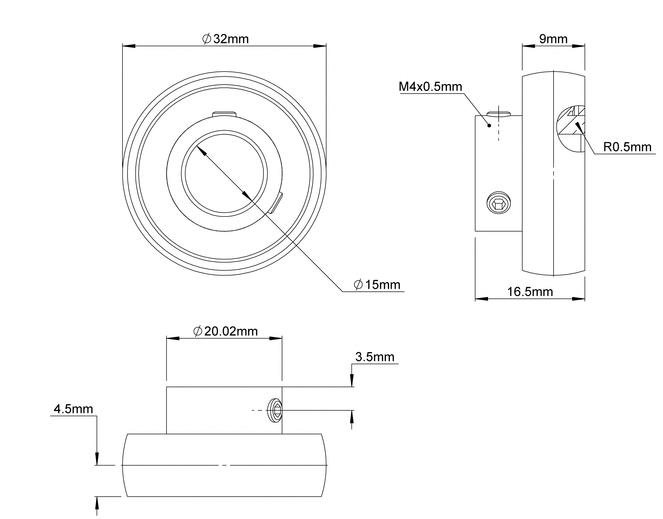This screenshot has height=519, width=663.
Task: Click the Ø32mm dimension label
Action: (x=225, y=39)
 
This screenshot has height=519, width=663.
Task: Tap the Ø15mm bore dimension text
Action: (x=377, y=285)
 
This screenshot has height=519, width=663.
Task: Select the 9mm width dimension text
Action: (x=553, y=39)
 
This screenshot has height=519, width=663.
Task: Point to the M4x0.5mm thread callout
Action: (x=430, y=87)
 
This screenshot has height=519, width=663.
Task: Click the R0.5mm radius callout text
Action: (x=627, y=147)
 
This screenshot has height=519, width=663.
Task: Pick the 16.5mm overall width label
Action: (x=530, y=292)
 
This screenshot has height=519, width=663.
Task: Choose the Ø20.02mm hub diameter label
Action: (x=225, y=331)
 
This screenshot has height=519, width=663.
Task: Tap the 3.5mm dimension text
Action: (x=375, y=357)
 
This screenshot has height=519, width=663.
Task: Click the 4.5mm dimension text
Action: (x=73, y=409)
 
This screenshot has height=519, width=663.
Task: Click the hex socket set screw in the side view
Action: (x=498, y=203)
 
